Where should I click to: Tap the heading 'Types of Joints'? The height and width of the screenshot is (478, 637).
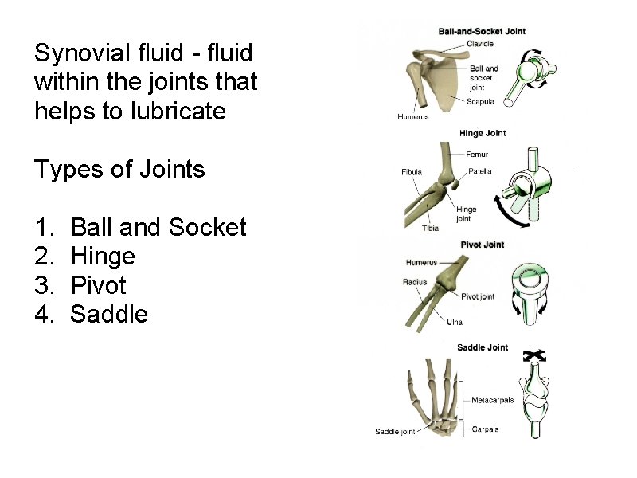(119, 169)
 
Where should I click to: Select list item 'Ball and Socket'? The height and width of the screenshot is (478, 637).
(158, 227)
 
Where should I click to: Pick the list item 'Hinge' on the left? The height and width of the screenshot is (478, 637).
(103, 256)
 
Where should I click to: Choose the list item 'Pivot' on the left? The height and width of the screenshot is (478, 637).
(99, 284)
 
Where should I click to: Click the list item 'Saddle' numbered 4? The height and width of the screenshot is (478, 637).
(109, 314)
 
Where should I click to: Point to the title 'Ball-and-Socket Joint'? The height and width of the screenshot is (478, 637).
(482, 32)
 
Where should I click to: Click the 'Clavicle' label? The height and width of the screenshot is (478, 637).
(479, 44)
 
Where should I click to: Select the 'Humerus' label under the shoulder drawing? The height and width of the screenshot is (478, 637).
(412, 117)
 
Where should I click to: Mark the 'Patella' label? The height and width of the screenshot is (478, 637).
(479, 171)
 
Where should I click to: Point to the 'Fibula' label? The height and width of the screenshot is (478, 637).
(412, 172)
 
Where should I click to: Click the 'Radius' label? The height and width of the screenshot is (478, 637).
(416, 282)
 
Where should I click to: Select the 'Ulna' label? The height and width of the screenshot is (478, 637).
(454, 322)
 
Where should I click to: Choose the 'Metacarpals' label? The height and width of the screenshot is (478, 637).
(492, 400)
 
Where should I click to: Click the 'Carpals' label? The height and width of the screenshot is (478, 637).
(485, 429)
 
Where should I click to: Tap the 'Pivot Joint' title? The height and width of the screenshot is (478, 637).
(482, 245)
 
